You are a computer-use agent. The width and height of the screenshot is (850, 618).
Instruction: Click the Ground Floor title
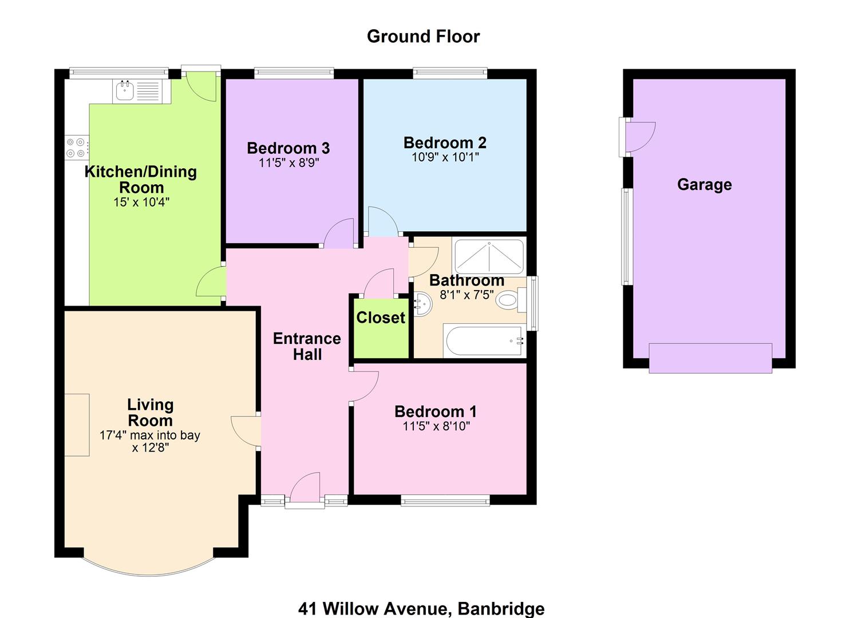pos(423,37)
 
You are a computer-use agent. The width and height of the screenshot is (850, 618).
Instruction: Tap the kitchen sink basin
pos(125,90)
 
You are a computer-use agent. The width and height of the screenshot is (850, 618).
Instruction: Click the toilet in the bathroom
pos(511,300)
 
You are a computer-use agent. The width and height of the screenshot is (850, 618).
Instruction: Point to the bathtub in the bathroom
pos(485,340)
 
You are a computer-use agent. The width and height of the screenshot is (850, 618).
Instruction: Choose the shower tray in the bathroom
pos(489,257)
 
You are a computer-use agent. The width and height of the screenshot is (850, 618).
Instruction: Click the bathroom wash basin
pos(423,304)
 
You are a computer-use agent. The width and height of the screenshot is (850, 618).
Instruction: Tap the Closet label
pos(381,318)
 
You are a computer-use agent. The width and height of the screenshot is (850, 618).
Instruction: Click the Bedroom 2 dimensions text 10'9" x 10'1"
pos(445,157)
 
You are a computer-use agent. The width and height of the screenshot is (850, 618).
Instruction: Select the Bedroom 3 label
pos(288,148)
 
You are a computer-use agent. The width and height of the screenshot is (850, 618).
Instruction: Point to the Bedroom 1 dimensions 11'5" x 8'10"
pos(436,426)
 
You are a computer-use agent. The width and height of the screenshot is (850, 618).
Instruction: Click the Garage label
pos(705,185)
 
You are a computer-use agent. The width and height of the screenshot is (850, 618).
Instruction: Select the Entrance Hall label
pos(307,346)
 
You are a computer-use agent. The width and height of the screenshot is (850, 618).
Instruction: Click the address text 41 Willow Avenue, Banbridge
pos(421,608)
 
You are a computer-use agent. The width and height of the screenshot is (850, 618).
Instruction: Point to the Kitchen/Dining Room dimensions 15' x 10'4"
pos(141,202)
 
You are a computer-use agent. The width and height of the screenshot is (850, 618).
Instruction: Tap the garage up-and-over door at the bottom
pos(710,358)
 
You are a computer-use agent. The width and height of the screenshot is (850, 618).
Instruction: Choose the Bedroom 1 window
pos(445,501)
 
